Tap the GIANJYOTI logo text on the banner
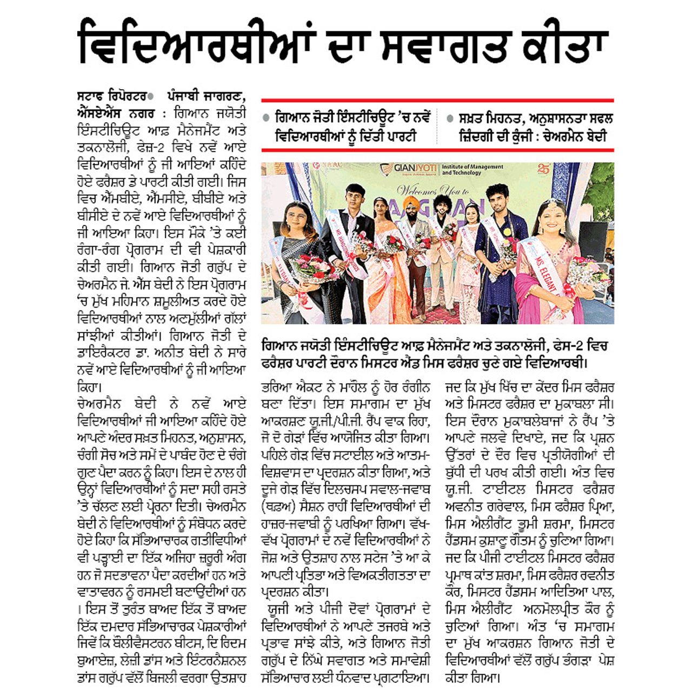(x=414, y=169)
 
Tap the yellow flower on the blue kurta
(x=508, y=232)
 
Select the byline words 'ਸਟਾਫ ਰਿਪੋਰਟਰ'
(x=111, y=97)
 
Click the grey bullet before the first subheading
(x=265, y=118)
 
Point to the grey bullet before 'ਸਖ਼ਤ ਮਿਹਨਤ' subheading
(x=450, y=118)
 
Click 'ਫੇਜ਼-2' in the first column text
(x=161, y=148)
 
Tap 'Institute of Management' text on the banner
(x=473, y=167)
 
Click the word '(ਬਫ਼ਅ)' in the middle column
(x=277, y=507)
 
